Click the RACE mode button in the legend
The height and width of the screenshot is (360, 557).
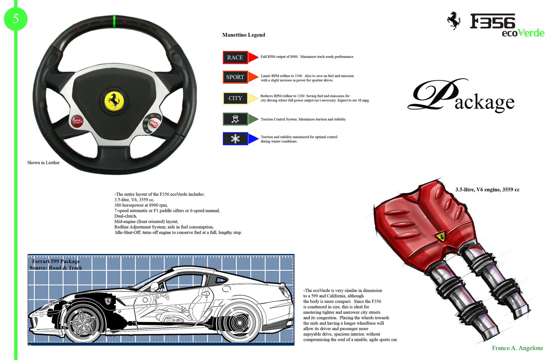[x=235, y=57]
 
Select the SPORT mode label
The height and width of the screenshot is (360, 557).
[x=235, y=77]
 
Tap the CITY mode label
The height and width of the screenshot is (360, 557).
[x=235, y=98]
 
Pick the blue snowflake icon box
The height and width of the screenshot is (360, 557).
[x=235, y=139]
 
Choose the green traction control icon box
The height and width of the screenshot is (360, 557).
[x=235, y=119]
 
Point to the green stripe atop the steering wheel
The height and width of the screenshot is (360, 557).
[x=115, y=22]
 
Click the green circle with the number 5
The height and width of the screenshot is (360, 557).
[x=16, y=18]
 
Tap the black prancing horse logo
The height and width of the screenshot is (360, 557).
[x=454, y=20]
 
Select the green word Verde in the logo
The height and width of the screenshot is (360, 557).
[x=531, y=33]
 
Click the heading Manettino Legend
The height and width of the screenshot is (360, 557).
[x=244, y=35]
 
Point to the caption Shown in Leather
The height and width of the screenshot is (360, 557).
[x=44, y=162]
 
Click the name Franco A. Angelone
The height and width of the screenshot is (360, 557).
[x=517, y=348]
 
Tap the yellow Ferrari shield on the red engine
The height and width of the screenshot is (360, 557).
[x=440, y=237]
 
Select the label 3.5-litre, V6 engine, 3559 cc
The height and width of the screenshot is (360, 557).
[x=487, y=190]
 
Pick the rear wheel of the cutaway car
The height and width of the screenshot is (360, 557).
[x=240, y=323]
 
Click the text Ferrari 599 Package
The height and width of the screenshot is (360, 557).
[x=56, y=261]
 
